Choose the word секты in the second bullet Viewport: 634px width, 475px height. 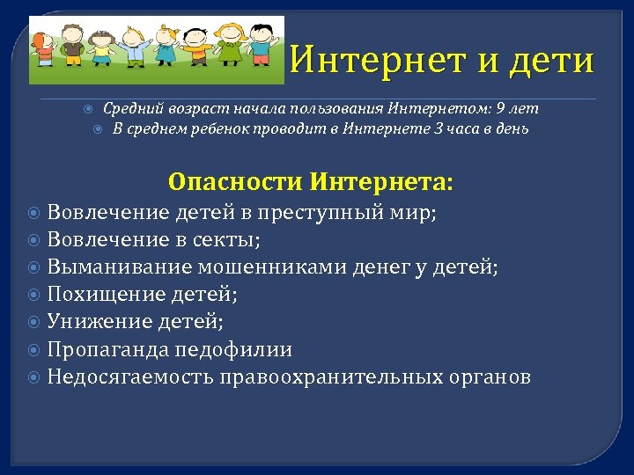point(232,239)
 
